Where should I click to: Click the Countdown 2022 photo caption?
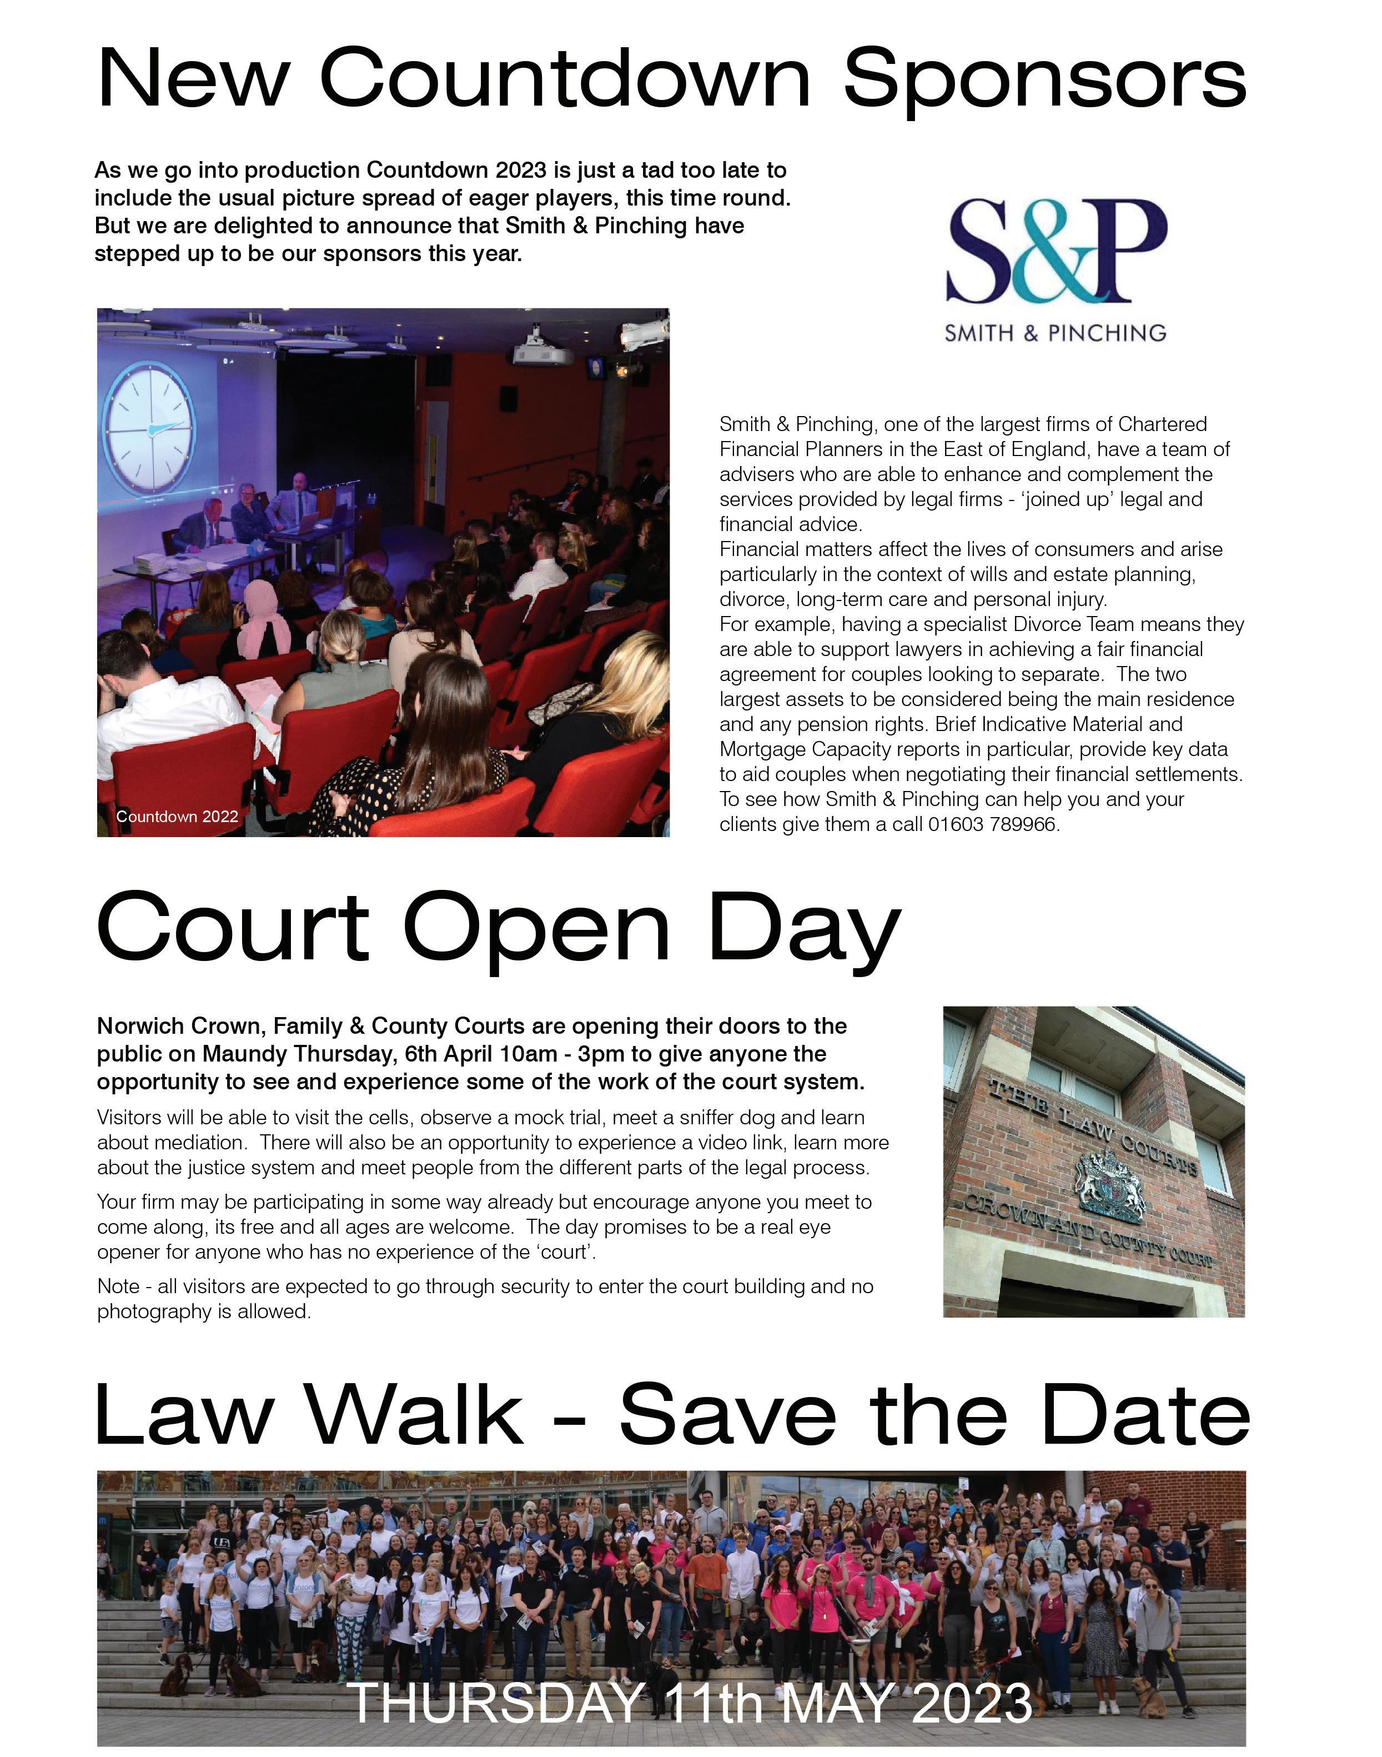pos(177,816)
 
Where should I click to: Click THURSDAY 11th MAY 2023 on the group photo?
pos(692,1702)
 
